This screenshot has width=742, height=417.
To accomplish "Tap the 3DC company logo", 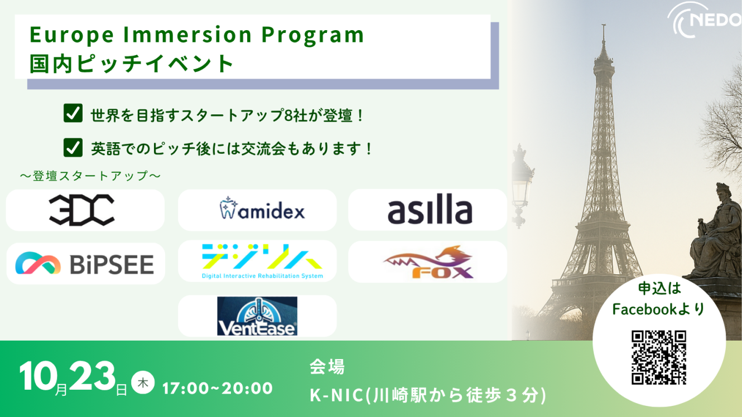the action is (81, 210).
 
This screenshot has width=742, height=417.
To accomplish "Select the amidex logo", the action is (262, 208).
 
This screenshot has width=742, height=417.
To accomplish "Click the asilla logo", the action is (430, 210).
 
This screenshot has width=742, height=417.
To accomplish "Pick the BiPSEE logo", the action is (85, 264).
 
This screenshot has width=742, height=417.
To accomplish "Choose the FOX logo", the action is (428, 262).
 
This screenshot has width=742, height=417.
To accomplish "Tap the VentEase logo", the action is (257, 316).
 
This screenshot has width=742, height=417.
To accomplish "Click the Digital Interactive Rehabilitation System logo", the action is (262, 261).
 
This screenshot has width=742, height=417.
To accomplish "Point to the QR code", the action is (658, 357).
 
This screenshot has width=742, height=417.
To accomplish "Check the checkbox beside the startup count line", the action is (73, 113).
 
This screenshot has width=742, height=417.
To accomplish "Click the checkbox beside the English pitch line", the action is (73, 147).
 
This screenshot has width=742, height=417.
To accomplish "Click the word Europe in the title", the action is (72, 35).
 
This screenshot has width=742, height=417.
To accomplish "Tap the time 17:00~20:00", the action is (218, 388).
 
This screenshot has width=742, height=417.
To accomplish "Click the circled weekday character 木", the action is (143, 382).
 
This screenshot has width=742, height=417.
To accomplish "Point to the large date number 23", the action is (91, 376).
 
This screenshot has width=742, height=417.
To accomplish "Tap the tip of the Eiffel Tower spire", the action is (604, 25).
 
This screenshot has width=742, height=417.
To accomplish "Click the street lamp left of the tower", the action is (521, 185).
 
